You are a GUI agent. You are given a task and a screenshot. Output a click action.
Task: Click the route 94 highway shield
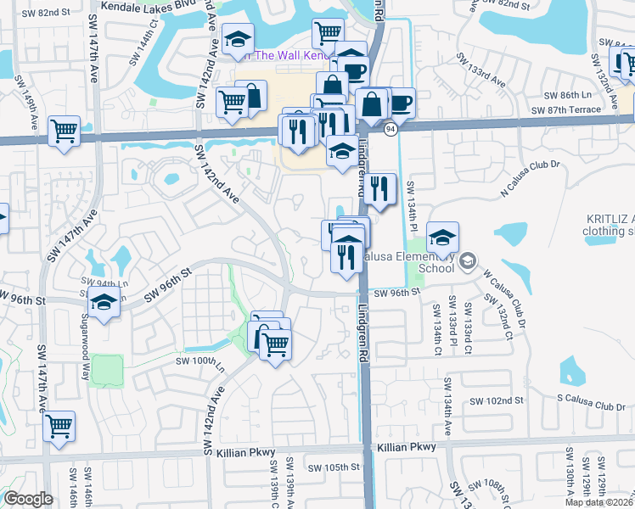[391, 129]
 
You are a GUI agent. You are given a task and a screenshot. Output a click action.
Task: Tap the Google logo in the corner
[28, 499]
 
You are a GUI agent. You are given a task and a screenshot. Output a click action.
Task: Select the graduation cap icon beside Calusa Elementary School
[442, 239]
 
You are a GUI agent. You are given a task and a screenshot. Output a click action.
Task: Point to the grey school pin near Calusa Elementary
[467, 263]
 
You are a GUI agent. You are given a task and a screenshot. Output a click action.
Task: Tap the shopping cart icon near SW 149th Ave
[64, 132]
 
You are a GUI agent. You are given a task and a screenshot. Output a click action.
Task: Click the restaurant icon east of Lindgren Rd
[379, 188]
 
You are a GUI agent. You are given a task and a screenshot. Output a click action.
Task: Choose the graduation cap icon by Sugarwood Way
[104, 303]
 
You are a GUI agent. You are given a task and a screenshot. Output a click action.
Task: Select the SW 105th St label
[334, 467]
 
